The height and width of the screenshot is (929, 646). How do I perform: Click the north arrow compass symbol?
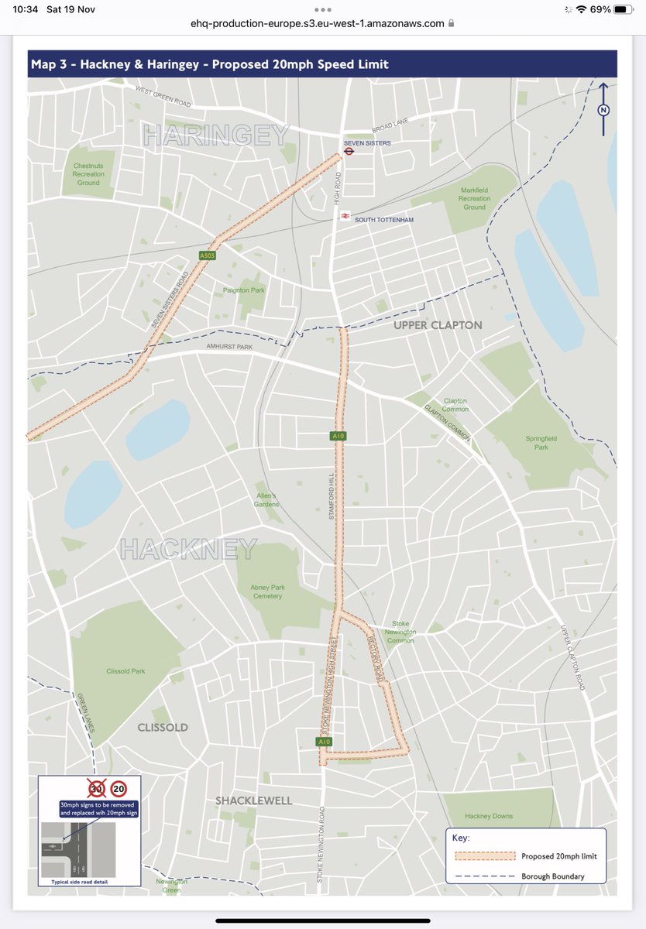[603, 109]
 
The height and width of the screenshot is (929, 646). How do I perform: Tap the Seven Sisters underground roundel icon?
[349, 153]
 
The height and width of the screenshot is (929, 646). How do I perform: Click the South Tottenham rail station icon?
[345, 217]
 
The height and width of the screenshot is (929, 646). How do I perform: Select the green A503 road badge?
[207, 255]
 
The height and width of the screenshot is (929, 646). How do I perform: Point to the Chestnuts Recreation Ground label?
[88, 174]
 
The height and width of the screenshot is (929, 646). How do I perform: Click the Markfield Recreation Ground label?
[475, 199]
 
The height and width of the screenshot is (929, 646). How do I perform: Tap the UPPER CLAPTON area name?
[438, 325]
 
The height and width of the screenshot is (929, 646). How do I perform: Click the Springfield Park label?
[535, 442]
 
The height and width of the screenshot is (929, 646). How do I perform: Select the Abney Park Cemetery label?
[267, 591]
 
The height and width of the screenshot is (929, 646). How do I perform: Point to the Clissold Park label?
[125, 671]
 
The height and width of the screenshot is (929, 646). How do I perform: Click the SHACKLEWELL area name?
[254, 800]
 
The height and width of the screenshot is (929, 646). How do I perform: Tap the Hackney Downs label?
[489, 816]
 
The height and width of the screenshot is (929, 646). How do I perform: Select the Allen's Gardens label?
[266, 500]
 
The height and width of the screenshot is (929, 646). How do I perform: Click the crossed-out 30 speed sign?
[97, 789]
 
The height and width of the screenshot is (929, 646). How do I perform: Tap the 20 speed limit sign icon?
[119, 789]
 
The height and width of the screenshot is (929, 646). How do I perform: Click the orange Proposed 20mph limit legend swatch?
[484, 856]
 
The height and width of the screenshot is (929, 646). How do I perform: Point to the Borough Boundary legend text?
[552, 876]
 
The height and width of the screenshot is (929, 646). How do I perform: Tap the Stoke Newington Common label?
[400, 632]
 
